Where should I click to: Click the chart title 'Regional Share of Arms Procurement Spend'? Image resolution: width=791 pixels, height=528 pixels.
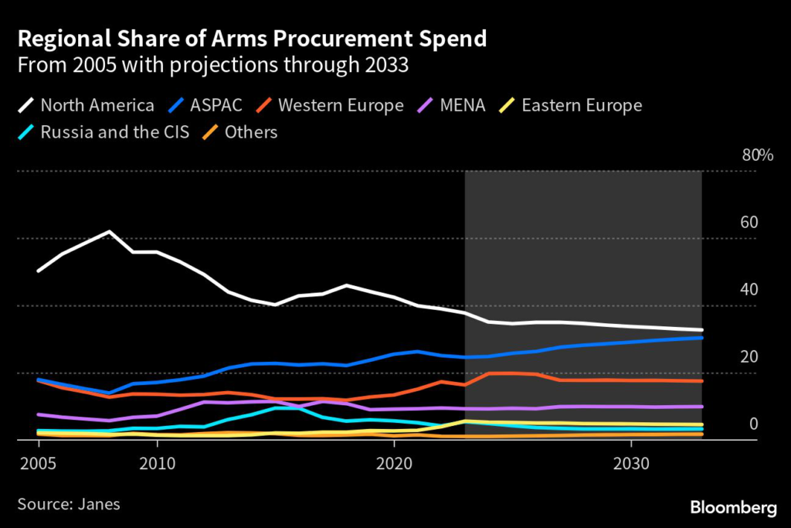coord(252,39)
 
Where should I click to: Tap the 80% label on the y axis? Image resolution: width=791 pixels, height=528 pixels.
coord(757,155)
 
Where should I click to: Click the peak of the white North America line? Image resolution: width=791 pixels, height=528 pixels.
coord(110,231)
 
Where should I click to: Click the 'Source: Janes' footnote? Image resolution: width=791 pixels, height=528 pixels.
coord(69,504)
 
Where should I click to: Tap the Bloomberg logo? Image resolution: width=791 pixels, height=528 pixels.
coord(733,508)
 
